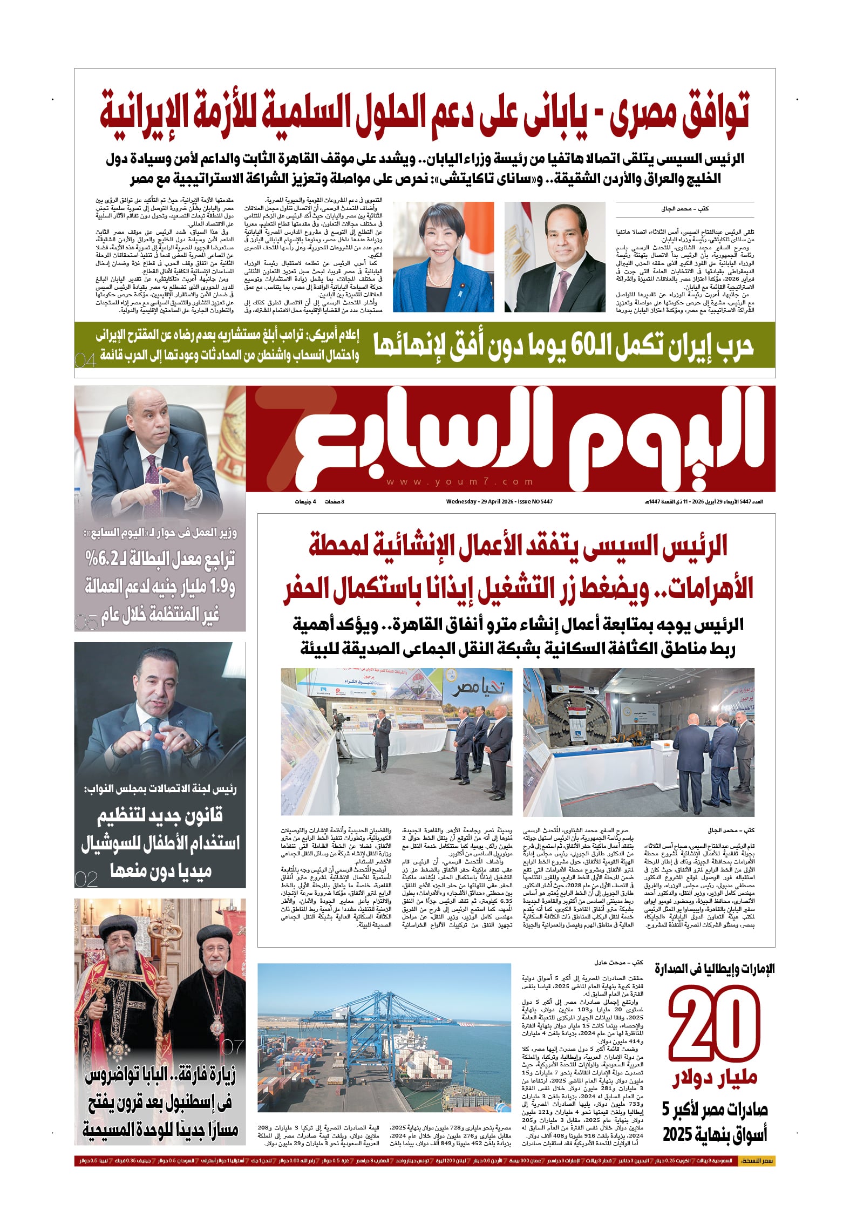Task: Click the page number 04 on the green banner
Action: pyautogui.click(x=85, y=360)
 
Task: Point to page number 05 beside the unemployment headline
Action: pyautogui.click(x=86, y=622)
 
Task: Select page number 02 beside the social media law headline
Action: pyautogui.click(x=86, y=880)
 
